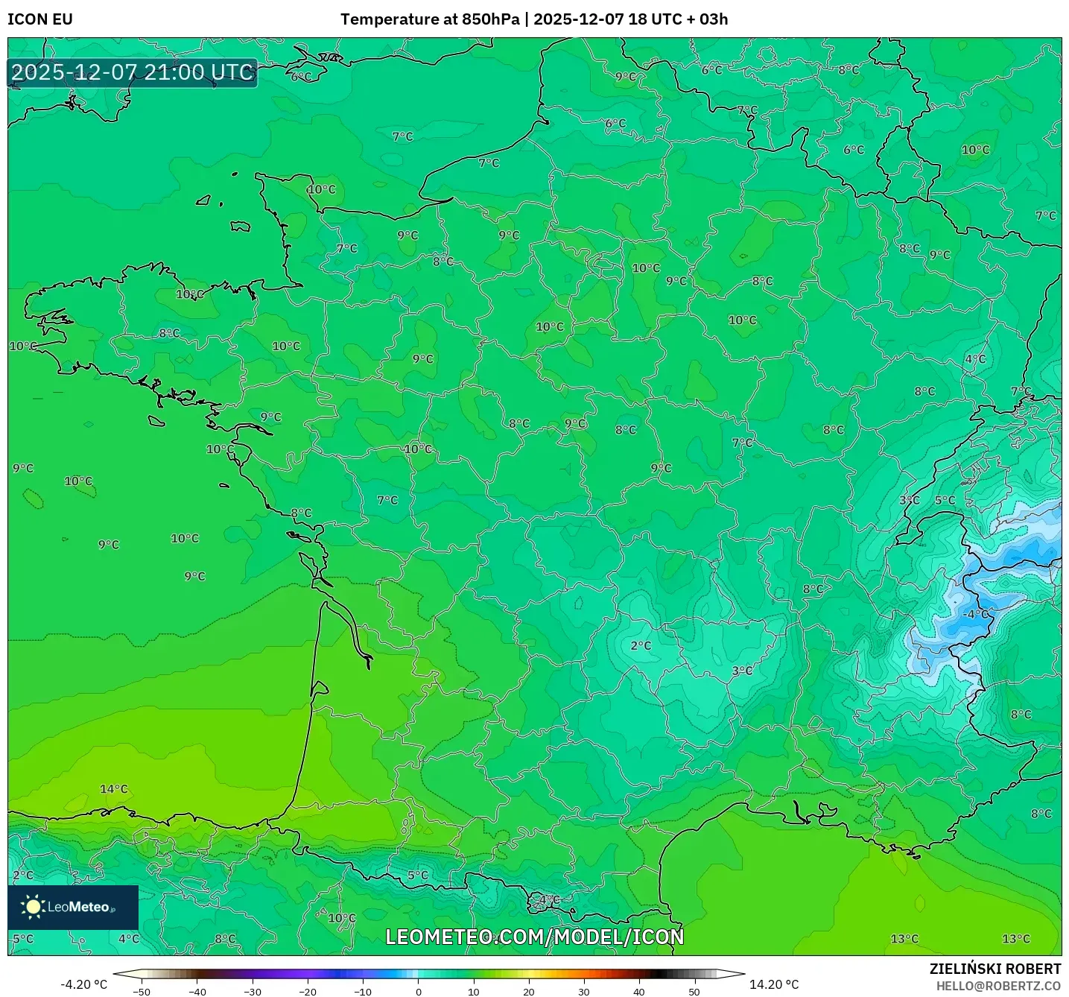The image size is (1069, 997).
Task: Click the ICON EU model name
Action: point(40,19)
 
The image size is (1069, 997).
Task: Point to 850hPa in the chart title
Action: point(490,19)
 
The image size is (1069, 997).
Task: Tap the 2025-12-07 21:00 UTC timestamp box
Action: point(133,73)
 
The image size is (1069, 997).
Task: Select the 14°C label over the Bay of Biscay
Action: point(114,789)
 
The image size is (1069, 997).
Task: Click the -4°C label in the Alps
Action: point(976,614)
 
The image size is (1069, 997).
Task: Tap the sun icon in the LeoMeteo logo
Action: point(34,906)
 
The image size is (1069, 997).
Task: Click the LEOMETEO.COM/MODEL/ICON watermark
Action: point(534,937)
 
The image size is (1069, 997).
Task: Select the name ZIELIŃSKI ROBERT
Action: point(995,969)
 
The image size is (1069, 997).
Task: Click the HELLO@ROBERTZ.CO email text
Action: point(998,986)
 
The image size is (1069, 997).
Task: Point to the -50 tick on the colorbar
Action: point(142,992)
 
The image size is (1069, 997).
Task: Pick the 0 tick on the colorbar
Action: point(419,992)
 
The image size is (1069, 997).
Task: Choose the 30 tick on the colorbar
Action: point(584,992)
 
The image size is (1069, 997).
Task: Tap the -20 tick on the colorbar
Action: point(308,992)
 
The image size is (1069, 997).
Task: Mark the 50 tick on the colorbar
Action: point(694,992)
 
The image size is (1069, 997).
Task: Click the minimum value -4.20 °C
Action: point(83,984)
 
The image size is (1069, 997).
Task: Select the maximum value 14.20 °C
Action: point(774,984)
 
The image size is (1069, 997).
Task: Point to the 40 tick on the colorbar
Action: point(639,992)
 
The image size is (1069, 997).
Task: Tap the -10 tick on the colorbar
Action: point(363,992)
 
